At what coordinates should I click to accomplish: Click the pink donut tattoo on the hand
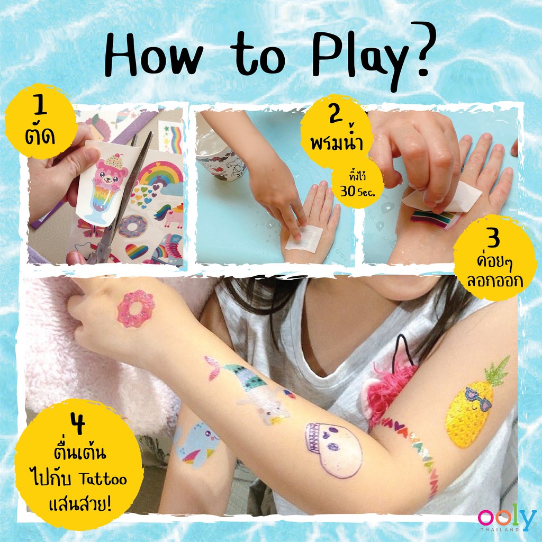point(135,309)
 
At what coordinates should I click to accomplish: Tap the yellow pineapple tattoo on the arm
point(474,406)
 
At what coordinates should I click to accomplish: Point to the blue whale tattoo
point(196,445)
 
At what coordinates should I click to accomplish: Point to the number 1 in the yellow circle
point(41,105)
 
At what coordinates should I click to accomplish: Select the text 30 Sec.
point(357,191)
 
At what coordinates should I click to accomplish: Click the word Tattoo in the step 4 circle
point(103,479)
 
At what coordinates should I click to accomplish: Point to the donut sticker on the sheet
point(132,226)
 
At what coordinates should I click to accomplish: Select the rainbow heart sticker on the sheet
point(137,251)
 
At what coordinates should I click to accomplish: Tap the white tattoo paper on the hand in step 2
point(304,238)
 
